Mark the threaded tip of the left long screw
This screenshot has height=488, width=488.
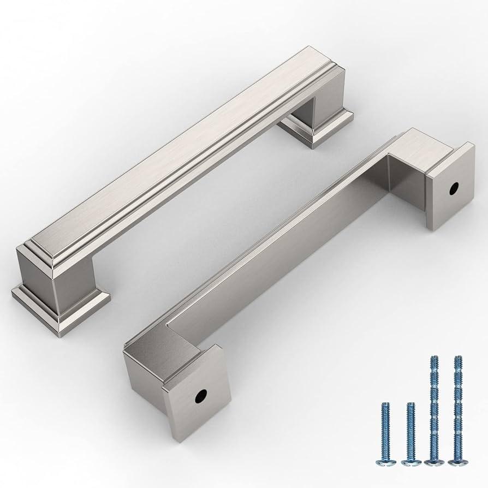pyautogui.click(x=434, y=360)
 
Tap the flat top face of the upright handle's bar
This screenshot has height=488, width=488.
pyautogui.click(x=180, y=158)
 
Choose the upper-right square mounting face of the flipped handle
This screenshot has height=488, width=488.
pyautogui.click(x=450, y=186)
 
